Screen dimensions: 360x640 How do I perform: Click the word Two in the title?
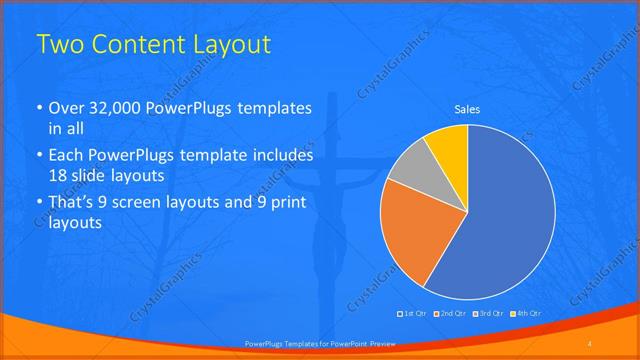click(60, 45)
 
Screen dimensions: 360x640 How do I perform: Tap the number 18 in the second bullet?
click(58, 178)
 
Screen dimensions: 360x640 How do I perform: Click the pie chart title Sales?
click(467, 109)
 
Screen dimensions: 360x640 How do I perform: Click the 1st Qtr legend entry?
click(413, 313)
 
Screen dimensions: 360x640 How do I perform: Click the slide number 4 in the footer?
click(590, 344)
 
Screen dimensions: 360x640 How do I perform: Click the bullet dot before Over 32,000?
click(39, 109)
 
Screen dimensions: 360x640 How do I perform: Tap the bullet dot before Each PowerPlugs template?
click(39, 157)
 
